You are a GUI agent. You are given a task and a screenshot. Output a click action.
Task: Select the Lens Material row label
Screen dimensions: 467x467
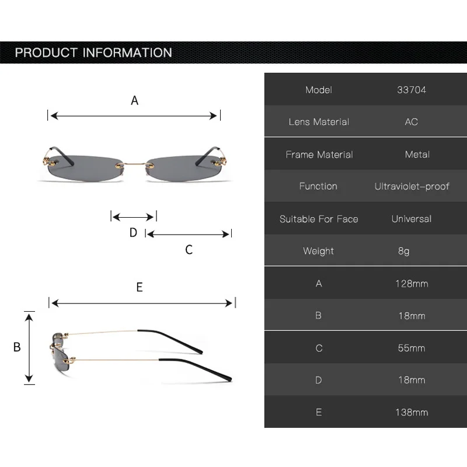tap(319, 122)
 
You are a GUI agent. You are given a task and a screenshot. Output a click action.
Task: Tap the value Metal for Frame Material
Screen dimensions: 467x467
tap(417, 155)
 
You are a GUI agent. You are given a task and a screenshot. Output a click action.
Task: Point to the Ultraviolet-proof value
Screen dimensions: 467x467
tap(412, 187)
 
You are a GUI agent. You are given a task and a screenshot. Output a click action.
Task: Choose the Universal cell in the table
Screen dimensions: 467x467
tap(411, 219)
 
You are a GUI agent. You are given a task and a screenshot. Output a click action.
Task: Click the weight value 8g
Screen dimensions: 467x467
tap(403, 251)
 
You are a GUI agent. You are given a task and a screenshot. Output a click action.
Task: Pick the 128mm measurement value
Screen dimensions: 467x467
tap(412, 284)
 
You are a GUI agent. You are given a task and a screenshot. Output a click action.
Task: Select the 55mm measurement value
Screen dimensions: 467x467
tap(411, 348)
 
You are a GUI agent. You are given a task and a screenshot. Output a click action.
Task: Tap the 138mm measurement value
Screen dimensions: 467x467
tap(412, 412)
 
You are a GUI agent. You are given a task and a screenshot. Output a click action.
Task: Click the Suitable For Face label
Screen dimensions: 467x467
tap(319, 219)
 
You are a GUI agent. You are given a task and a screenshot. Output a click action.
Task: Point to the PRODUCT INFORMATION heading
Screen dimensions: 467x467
tap(93, 53)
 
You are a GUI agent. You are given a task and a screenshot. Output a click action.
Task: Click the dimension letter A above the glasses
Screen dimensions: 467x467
tap(134, 100)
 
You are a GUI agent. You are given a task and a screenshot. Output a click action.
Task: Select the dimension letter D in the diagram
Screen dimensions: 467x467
tap(133, 232)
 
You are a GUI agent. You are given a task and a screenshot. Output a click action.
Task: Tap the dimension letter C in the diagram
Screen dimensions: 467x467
tap(189, 250)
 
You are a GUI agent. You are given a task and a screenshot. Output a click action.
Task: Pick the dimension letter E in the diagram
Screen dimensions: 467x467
tap(140, 287)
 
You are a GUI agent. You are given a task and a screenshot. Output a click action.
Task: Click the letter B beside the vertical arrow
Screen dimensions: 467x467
tap(17, 347)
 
